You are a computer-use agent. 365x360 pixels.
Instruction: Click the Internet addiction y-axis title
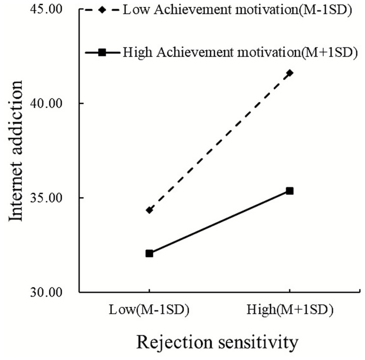pyautogui.click(x=16, y=151)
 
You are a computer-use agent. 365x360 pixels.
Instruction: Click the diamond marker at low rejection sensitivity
pyautogui.click(x=149, y=210)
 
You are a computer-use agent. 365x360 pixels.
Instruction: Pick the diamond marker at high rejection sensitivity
pyautogui.click(x=290, y=73)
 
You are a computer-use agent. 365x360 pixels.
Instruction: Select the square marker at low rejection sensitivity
pyautogui.click(x=149, y=254)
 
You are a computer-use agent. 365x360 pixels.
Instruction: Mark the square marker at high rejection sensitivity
pyautogui.click(x=290, y=191)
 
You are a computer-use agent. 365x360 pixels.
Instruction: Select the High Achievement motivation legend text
pyautogui.click(x=240, y=52)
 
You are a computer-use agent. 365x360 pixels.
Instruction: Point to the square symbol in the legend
pyautogui.click(x=102, y=52)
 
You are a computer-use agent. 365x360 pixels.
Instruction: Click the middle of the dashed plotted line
pyautogui.click(x=220, y=142)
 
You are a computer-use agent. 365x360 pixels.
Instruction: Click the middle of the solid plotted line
pyautogui.click(x=220, y=222)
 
